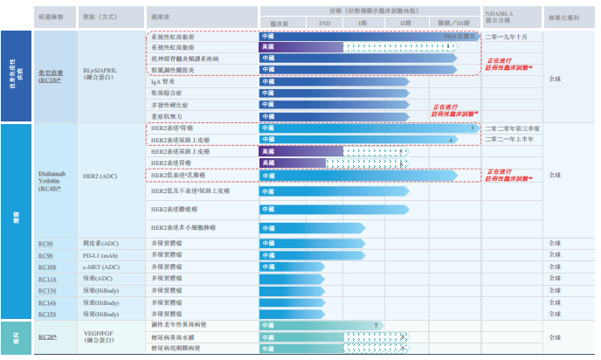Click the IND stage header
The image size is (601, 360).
tap(324, 24)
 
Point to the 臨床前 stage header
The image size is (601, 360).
tap(279, 24)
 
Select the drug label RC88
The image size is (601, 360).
tap(46, 242)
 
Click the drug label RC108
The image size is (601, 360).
tap(47, 267)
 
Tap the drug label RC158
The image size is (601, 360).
tap(47, 314)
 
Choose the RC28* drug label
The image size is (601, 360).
tap(48, 336)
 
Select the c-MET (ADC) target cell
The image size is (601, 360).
tap(101, 267)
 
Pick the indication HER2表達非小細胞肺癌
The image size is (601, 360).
tap(183, 227)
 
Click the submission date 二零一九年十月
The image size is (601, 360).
tap(506, 37)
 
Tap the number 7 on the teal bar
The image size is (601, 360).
tap(376, 325)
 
